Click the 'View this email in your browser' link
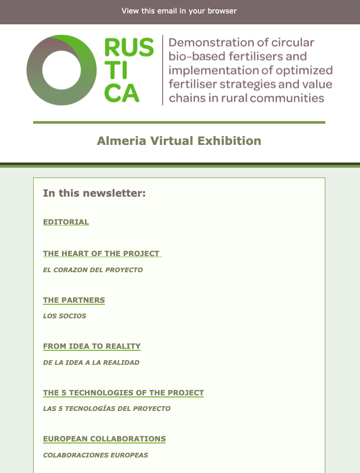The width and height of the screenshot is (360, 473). (179, 11)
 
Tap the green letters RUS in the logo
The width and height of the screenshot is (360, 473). (129, 48)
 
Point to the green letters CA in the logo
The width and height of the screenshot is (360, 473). (122, 93)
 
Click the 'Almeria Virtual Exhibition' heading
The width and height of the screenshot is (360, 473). (179, 141)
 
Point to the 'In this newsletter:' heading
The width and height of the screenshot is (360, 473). (94, 193)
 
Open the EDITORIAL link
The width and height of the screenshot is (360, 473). (66, 222)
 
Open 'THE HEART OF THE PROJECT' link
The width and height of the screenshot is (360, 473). (102, 254)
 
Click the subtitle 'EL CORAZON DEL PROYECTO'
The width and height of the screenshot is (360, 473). (93, 270)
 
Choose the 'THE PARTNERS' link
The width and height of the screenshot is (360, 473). (74, 300)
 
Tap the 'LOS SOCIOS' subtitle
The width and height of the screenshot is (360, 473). (65, 316)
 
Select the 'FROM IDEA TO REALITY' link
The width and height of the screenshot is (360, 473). (92, 346)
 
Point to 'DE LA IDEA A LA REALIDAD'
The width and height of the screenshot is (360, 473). (91, 362)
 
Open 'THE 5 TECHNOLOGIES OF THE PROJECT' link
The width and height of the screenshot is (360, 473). (123, 393)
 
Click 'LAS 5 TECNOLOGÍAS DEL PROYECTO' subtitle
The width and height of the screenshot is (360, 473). (107, 408)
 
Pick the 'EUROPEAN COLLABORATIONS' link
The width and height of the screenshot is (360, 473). (105, 439)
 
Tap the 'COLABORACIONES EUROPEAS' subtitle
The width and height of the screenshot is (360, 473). (95, 455)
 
